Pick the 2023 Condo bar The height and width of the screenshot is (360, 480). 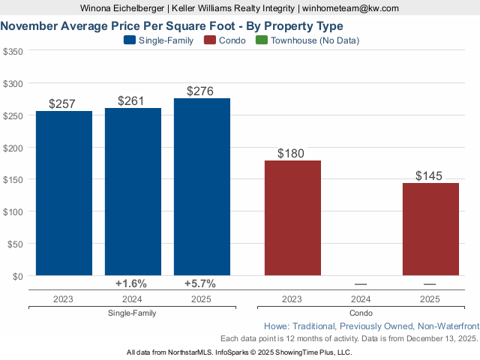tap(292, 218)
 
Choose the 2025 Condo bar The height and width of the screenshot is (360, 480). tap(430, 229)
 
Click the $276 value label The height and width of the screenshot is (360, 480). tap(202, 91)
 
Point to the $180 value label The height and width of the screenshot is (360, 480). tap(291, 154)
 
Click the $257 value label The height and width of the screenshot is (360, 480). tap(62, 104)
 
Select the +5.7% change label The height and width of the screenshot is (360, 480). tap(200, 283)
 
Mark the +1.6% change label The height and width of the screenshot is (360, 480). tap(131, 283)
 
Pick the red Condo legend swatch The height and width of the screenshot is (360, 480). tap(210, 40)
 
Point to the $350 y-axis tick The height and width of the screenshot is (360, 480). tap(13, 52)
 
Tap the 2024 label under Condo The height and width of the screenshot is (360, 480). tap(361, 298)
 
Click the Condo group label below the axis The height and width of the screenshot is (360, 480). tap(361, 313)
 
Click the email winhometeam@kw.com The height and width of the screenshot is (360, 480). tap(351, 7)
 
